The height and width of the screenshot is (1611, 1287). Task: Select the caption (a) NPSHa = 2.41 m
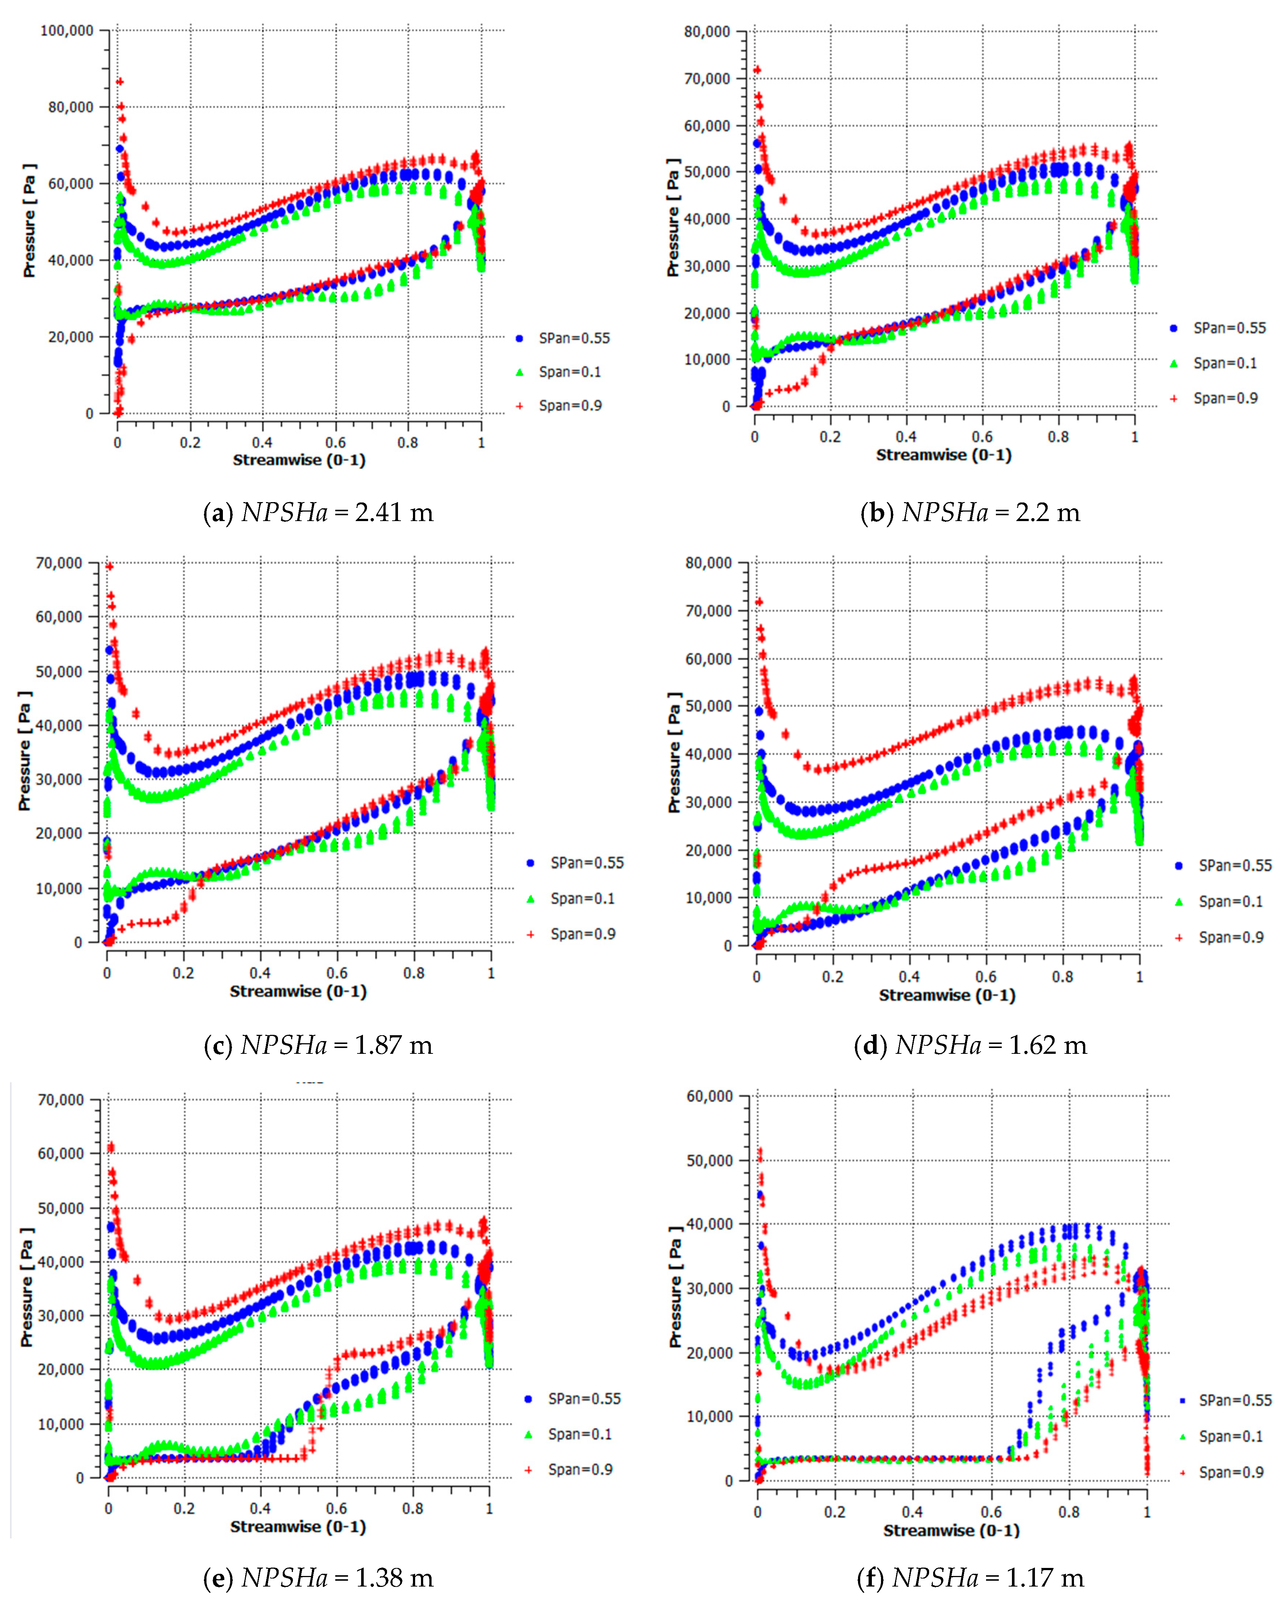point(318,513)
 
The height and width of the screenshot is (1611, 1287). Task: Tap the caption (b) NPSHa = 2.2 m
point(970,513)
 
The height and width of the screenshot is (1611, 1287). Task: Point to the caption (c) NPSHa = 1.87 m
point(318,1045)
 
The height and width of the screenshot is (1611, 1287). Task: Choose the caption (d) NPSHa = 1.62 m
point(970,1045)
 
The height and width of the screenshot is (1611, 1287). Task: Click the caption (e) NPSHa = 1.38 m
point(318,1577)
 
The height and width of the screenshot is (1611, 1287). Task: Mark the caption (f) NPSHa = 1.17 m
point(970,1577)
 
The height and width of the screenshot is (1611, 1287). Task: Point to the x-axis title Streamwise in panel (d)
point(946,995)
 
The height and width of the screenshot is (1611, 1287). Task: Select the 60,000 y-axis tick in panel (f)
point(710,1096)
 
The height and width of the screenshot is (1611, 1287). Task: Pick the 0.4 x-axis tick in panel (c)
point(260,973)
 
